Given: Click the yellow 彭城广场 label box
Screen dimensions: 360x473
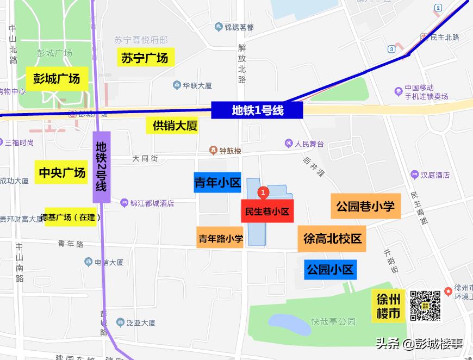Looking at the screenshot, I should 56,78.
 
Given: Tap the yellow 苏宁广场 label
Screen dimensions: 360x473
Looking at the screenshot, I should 145,57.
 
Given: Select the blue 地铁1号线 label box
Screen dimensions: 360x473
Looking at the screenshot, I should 257,110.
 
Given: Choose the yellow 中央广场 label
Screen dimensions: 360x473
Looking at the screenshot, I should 62,172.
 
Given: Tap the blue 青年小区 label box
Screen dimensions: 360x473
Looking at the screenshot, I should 217,183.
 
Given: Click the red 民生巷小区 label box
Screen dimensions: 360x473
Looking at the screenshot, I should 267,211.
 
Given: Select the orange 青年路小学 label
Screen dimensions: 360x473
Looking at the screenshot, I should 220,238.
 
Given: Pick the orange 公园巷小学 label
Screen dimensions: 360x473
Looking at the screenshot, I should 365,206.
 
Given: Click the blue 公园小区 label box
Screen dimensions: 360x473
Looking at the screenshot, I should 330,269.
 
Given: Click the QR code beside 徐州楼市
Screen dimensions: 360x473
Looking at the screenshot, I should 425,306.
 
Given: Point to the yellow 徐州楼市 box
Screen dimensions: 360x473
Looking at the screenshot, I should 389,306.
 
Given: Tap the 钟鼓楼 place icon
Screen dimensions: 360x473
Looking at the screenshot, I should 214,150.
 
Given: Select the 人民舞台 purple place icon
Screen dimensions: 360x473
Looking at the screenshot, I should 289,144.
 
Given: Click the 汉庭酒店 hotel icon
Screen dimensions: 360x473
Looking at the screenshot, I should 415,175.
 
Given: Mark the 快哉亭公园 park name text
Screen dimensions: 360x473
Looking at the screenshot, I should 333,321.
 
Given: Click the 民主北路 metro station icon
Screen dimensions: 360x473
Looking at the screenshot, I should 424,38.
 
